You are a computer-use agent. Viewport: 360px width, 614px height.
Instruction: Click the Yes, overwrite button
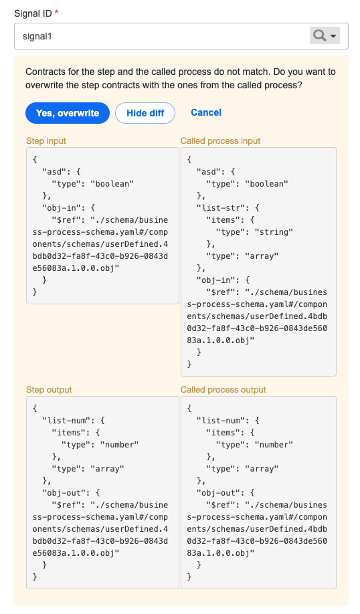[68, 113]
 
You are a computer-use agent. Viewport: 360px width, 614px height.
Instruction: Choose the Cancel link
[206, 113]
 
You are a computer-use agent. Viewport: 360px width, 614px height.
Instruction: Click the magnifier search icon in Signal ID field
[320, 35]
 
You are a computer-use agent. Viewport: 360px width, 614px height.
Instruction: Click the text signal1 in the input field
[37, 36]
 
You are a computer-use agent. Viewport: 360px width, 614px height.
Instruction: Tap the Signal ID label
[33, 13]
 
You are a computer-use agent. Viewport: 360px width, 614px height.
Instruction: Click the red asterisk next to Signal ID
[57, 12]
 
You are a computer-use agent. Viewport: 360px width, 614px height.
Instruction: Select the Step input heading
[46, 141]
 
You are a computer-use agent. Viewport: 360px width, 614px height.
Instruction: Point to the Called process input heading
[220, 141]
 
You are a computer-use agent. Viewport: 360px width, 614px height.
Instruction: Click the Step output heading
[49, 390]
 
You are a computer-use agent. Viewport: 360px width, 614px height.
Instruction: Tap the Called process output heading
[223, 390]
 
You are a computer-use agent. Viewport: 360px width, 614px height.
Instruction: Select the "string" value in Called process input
[274, 232]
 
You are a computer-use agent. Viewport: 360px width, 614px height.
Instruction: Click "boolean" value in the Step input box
[112, 184]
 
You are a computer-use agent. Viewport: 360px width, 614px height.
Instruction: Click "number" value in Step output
[120, 445]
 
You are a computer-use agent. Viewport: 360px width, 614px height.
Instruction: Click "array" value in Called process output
[262, 469]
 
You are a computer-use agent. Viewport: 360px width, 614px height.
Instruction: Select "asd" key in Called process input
[209, 172]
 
